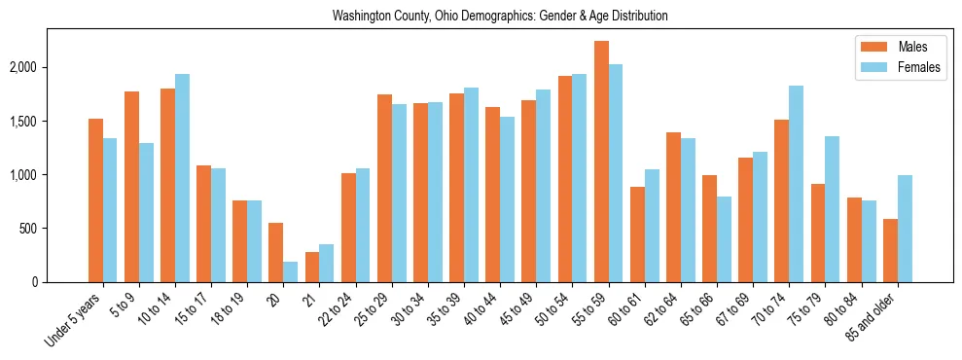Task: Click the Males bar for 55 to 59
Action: [601, 162]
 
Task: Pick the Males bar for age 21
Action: [312, 267]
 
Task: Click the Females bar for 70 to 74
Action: [796, 184]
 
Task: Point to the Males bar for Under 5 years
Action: [95, 200]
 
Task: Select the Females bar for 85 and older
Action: [905, 229]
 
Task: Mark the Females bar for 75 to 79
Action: [832, 209]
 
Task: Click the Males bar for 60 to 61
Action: [637, 234]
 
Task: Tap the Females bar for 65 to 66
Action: [724, 239]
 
